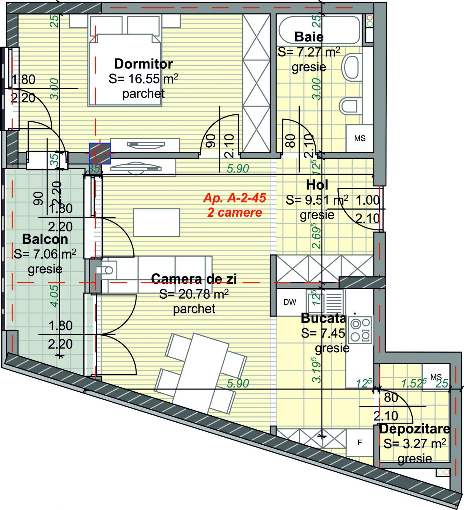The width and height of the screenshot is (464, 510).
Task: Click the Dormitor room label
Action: point(143,64)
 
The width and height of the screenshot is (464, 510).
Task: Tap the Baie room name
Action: point(309,37)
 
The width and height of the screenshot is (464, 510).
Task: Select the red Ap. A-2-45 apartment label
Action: point(234,198)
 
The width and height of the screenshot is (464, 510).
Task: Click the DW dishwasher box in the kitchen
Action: point(290,302)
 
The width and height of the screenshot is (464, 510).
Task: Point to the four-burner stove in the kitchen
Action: point(360,330)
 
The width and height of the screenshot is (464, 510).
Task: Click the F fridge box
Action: point(360,442)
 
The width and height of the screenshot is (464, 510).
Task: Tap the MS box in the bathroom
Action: point(360,138)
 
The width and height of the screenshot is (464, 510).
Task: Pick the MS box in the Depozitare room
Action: point(436,377)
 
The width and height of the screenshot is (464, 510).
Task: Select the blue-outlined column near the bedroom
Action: point(100,153)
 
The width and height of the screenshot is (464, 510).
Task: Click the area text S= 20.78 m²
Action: point(194,294)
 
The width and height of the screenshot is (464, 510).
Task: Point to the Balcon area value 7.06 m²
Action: point(45,254)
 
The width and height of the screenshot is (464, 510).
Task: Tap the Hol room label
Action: point(317,185)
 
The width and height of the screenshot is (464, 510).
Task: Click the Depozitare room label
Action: point(415,429)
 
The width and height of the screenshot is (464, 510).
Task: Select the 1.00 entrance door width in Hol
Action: point(367,200)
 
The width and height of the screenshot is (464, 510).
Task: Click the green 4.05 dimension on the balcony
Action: point(55,296)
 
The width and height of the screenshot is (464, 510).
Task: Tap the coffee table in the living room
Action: point(156,222)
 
